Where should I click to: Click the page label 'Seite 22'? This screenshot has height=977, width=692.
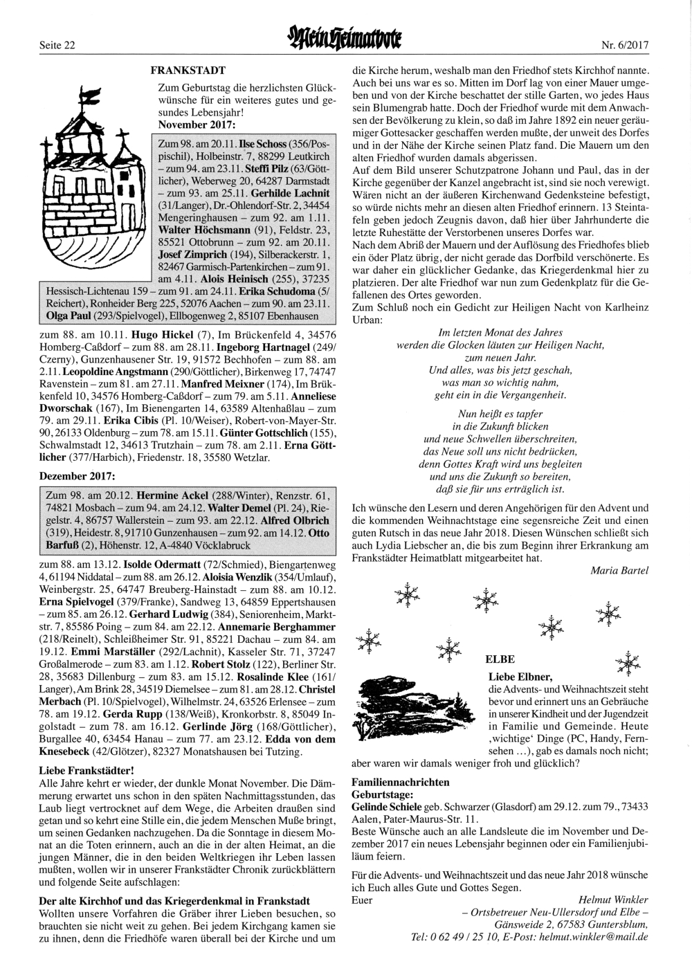coord(57,45)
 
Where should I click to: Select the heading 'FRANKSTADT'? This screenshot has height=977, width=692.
coord(188,70)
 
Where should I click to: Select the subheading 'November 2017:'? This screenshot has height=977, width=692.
coord(197,124)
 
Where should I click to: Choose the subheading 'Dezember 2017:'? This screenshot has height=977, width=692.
coord(78,476)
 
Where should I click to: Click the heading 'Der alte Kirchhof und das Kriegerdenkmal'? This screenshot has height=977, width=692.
coord(174,900)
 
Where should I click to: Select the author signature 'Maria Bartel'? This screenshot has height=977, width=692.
coord(619,570)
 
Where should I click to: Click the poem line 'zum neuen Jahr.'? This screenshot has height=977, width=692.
coord(500,358)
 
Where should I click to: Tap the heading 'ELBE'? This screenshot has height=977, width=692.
coord(500,659)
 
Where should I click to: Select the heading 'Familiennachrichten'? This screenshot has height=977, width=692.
coord(401,782)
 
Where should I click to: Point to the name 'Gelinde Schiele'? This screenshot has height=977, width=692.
coord(386,806)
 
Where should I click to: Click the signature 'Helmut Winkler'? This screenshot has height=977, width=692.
coord(613,900)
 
